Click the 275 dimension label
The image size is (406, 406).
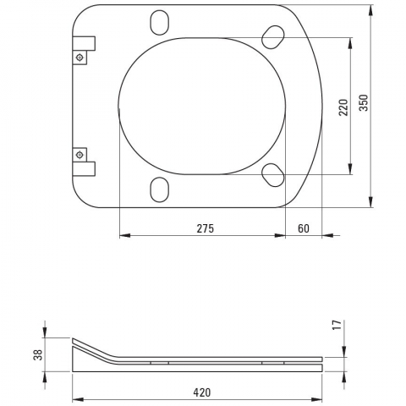206,228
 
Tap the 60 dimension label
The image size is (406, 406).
304,228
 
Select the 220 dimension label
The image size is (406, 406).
343,107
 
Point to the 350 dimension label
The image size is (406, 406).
364,102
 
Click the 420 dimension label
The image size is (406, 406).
202,392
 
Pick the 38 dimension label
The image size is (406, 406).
38,354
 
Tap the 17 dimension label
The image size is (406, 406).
337,325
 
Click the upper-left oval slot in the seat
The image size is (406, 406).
160,23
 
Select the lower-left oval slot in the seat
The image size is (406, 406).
160,189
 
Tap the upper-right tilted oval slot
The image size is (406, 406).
273,37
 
